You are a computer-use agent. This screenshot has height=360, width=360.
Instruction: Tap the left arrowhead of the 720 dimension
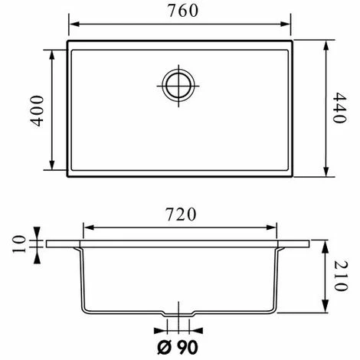coord(87,227)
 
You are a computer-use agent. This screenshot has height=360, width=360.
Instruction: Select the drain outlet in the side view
coord(179,317)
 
